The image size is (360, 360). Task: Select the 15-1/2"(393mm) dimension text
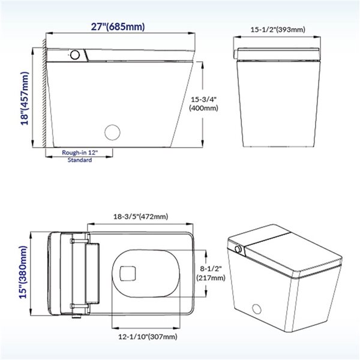(277, 29)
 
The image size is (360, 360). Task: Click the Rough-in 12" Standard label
(79, 157)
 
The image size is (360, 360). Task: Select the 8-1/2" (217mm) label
(211, 274)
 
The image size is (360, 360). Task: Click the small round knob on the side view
(75, 55)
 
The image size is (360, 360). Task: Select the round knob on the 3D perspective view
(238, 249)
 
